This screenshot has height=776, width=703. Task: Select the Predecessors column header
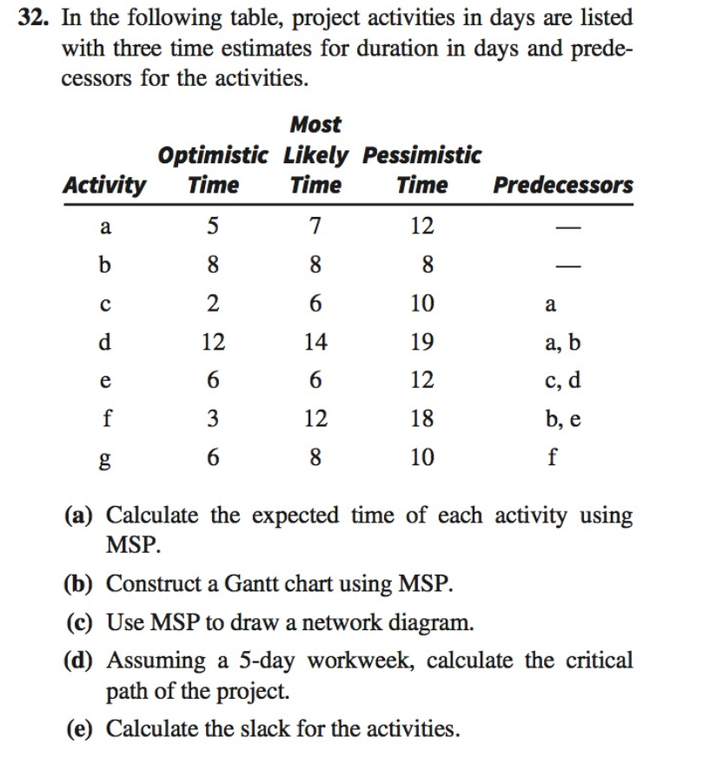pos(562,185)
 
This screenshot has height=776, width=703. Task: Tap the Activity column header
pos(104,185)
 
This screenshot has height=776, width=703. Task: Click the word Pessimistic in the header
pos(421,155)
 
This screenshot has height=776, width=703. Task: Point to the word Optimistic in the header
pos(213,155)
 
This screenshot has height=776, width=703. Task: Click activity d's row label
pos(105,342)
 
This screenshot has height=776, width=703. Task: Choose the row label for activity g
pos(105,458)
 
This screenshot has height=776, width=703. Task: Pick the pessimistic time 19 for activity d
pos(421,342)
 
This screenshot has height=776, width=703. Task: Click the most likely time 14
pos(315,342)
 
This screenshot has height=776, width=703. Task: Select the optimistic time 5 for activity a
pos(213,227)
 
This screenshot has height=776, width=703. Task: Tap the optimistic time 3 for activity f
pos(213,419)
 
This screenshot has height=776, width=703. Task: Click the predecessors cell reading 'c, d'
pos(562,381)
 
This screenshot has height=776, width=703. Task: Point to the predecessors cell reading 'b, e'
pos(562,419)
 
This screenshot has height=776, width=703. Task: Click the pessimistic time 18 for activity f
pos(421,419)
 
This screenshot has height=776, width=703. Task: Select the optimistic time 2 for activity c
pos(213,304)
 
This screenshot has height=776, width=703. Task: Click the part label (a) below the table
pos(83,516)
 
